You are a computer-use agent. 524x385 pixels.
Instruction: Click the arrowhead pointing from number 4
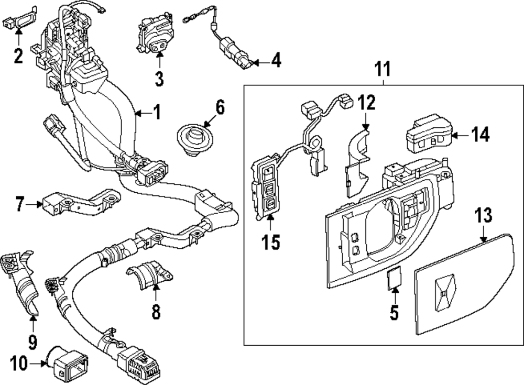(x=254, y=62)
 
